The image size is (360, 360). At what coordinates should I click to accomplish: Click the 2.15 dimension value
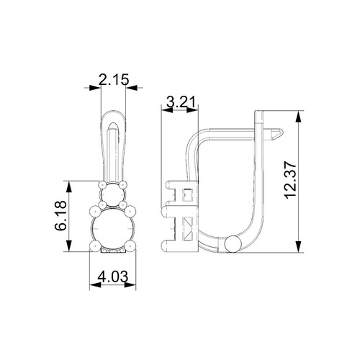(x=114, y=79)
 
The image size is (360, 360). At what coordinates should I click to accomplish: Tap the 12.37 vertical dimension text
(x=291, y=180)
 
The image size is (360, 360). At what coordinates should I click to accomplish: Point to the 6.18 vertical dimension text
(x=60, y=215)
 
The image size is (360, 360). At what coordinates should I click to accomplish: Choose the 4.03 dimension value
(x=113, y=277)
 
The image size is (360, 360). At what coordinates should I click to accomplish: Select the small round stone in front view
(x=112, y=195)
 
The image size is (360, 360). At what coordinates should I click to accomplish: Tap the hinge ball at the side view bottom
(x=233, y=244)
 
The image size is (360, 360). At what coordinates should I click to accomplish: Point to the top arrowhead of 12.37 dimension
(x=298, y=117)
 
